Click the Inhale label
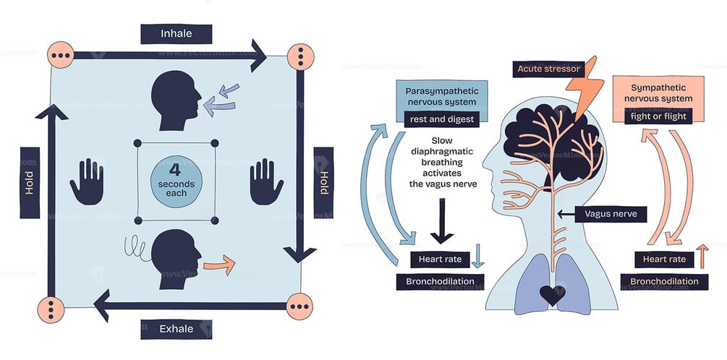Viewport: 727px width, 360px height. [x=176, y=34]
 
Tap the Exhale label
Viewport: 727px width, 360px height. [x=176, y=329]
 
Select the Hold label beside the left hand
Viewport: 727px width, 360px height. [x=30, y=182]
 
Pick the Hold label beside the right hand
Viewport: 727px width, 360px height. [x=323, y=182]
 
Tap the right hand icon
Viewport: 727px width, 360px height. [x=265, y=181]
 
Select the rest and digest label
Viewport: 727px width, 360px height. [x=442, y=119]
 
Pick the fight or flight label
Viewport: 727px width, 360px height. [x=658, y=115]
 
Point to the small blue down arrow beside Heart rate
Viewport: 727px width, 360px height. [x=478, y=258]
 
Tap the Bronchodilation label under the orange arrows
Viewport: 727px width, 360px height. [x=664, y=281]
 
